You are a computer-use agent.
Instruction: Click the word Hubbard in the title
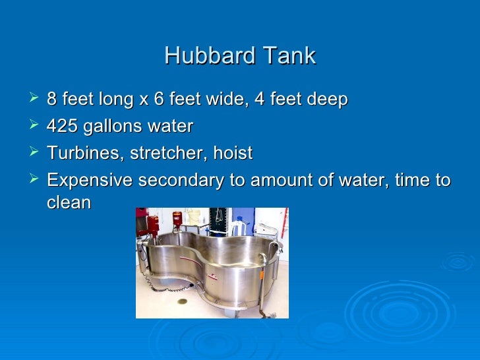(202, 55)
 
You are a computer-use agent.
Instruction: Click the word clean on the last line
(69, 202)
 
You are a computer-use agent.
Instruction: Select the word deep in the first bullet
(324, 100)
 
